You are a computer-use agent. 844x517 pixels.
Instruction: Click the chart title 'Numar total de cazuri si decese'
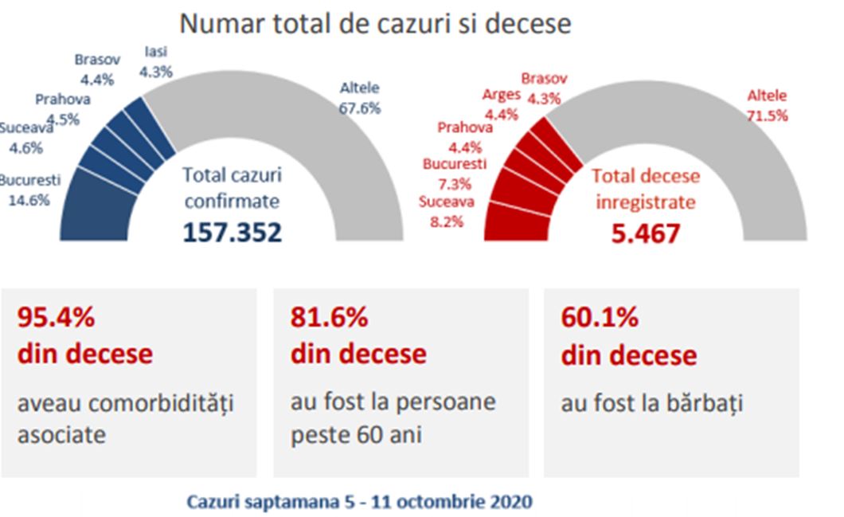(x=375, y=23)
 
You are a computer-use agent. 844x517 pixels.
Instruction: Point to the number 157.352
(x=232, y=232)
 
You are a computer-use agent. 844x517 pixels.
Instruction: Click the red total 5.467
(x=646, y=233)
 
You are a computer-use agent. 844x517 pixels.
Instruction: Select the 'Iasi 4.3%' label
(x=155, y=62)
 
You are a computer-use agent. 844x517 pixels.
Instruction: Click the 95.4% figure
(x=56, y=317)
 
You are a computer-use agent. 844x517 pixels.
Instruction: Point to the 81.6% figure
(x=329, y=317)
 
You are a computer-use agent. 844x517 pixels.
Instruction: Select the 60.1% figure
(x=600, y=317)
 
